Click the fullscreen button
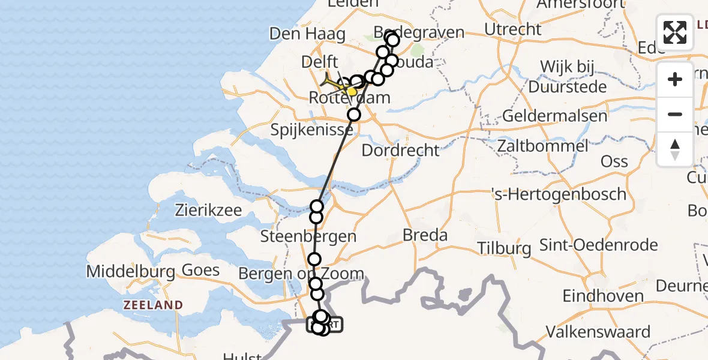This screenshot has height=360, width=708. [x=675, y=32]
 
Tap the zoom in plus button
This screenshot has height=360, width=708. [x=675, y=79]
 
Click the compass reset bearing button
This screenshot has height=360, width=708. [x=675, y=149]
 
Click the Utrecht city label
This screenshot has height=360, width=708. [x=514, y=29]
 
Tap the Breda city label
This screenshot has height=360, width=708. [x=425, y=235]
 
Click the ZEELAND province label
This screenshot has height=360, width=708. [x=153, y=305]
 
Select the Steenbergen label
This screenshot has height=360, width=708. [x=308, y=236]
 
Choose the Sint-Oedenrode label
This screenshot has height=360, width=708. [x=598, y=245]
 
